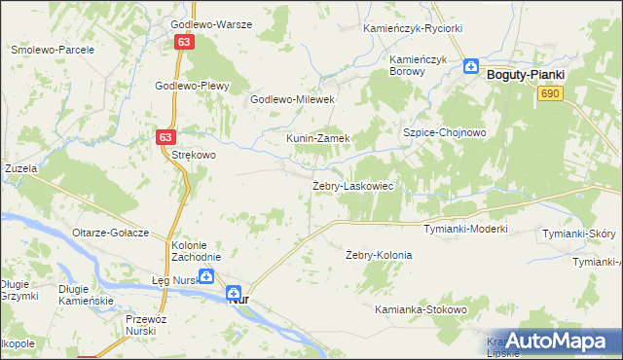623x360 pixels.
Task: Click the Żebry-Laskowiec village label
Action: (x=351, y=185)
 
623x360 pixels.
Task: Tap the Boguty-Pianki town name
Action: (x=527, y=72)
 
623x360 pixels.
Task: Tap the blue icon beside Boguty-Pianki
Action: (x=471, y=67)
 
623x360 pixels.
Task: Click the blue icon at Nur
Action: (x=234, y=292)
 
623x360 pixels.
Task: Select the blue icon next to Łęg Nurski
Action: (x=206, y=277)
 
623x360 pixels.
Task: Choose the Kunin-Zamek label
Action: (x=317, y=138)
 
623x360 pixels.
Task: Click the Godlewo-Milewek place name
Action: (x=293, y=99)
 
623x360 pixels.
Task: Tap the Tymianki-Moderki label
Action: (x=465, y=230)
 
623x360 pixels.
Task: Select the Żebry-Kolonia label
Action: (x=379, y=255)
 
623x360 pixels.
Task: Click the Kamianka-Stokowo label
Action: (x=421, y=309)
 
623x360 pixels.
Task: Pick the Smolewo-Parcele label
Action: (x=52, y=49)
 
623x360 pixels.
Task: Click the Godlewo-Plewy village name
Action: (x=192, y=86)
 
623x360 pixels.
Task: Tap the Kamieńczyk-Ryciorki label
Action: (x=413, y=29)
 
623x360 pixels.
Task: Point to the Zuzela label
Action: (x=20, y=168)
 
